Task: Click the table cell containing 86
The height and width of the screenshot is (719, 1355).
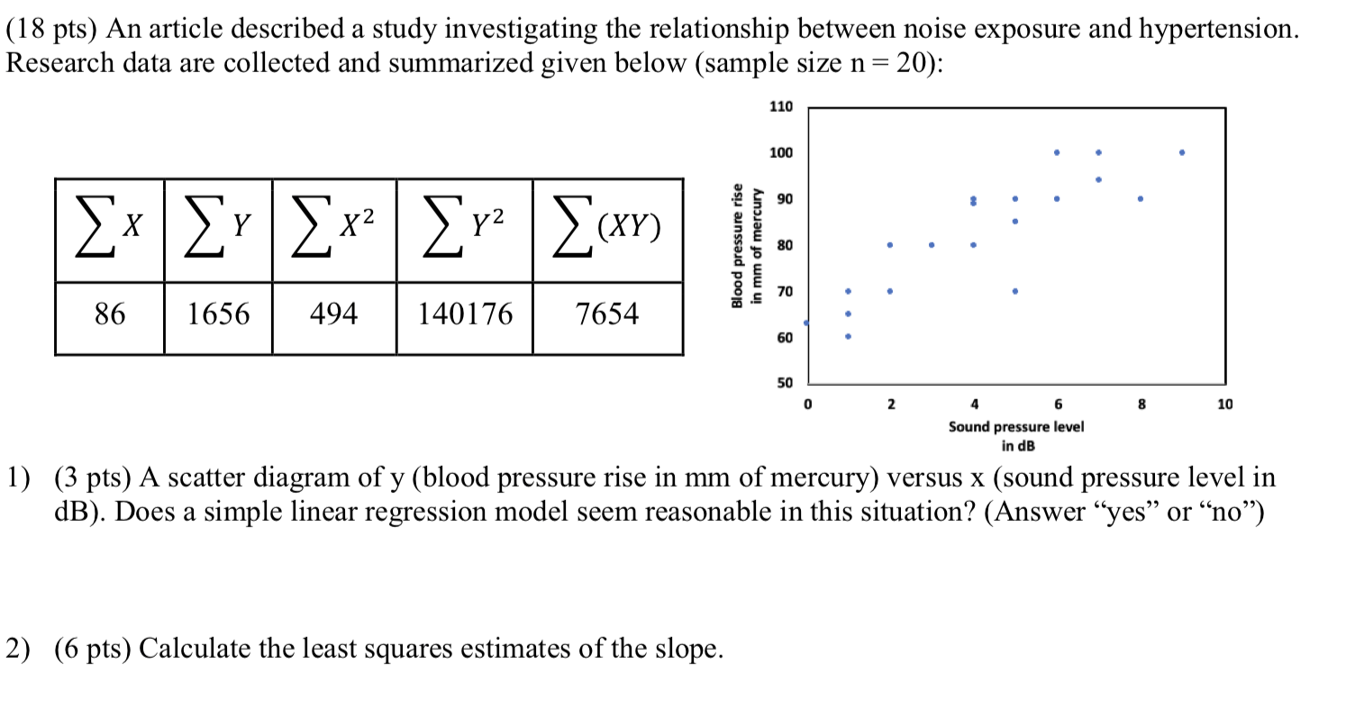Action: tap(110, 314)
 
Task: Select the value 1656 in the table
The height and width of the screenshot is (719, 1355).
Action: tap(218, 314)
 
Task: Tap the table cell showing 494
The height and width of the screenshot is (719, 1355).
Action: tap(333, 314)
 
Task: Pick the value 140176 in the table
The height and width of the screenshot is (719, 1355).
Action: tap(465, 314)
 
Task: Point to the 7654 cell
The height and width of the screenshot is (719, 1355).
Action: tap(607, 314)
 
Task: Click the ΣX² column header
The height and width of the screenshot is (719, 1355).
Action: tap(333, 229)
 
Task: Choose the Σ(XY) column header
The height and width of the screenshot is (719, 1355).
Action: tap(607, 229)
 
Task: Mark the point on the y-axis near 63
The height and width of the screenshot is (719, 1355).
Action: tap(807, 323)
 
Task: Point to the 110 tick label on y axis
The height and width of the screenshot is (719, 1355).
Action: tap(781, 107)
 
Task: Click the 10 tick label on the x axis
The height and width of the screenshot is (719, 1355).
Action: tap(1224, 405)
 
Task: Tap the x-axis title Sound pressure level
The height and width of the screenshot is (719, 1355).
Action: tap(1015, 426)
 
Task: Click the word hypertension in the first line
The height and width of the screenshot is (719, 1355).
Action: tap(1219, 30)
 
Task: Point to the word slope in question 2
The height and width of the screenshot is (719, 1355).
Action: tap(689, 649)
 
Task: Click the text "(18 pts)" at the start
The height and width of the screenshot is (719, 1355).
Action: tap(51, 30)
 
